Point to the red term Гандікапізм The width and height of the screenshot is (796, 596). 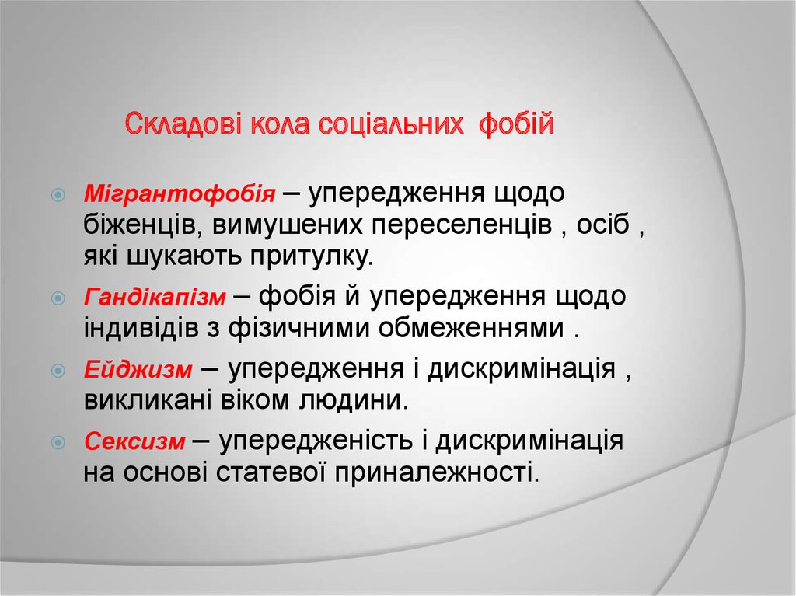(155, 297)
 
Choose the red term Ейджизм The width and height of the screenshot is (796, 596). (138, 370)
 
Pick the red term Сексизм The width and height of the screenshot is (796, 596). (134, 443)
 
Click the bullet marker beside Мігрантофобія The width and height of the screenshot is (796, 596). (58, 193)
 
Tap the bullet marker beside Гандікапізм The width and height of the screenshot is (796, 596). (58, 298)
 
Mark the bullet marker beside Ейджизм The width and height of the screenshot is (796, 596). (58, 371)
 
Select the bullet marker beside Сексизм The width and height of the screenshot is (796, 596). (58, 444)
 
